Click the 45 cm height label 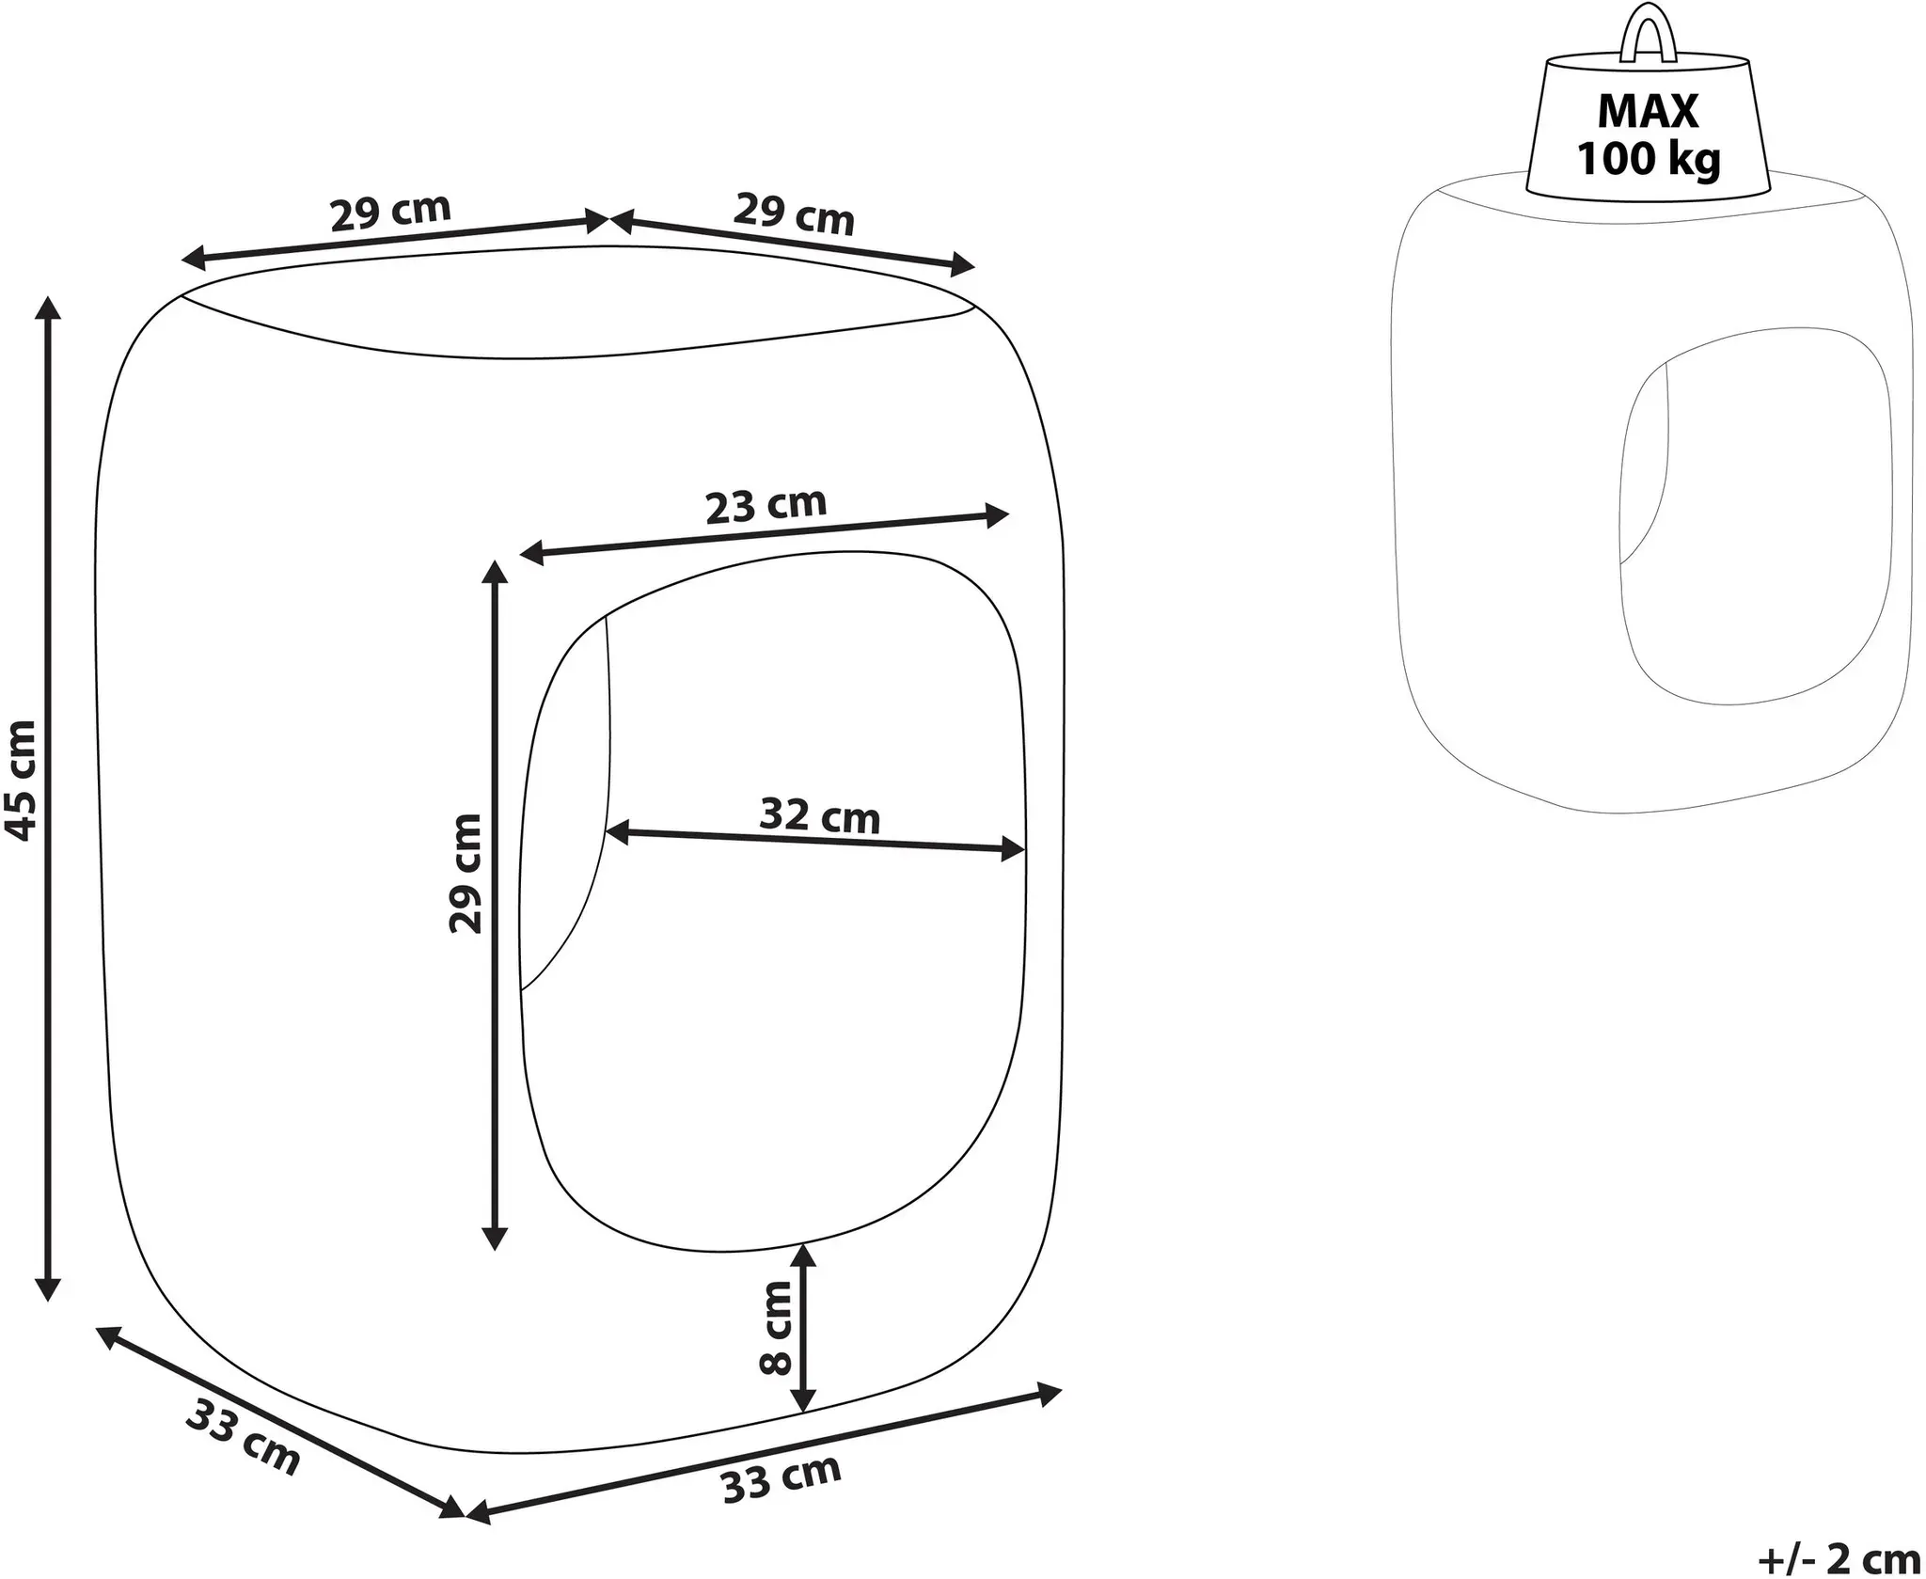(x=20, y=780)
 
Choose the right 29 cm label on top (x=794, y=213)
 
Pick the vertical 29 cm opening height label (x=466, y=874)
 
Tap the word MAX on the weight (x=1649, y=112)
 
